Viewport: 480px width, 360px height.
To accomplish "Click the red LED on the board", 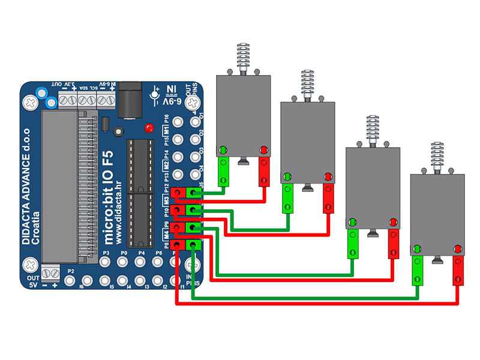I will point(148,128).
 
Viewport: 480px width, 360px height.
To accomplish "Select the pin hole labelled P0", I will point(124,263).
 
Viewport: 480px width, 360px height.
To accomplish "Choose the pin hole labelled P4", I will point(142,263).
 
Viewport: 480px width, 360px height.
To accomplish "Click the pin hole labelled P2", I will point(70,280).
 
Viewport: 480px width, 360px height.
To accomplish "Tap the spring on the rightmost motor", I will point(437,155).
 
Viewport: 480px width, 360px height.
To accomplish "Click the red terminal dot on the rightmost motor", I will point(458,248).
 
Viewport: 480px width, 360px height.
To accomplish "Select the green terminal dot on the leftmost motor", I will point(223,149).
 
